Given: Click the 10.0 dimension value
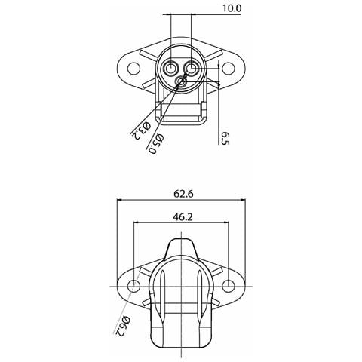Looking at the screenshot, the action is (232, 8).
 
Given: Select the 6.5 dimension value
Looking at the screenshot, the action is (225, 139).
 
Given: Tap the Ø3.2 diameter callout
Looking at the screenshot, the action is (141, 130).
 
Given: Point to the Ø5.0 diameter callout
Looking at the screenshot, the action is (156, 143).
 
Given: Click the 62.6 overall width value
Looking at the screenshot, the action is (183, 194).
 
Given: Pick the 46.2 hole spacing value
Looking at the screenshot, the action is (183, 216).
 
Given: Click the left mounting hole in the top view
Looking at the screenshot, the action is (133, 69).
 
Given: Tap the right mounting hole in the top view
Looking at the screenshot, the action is (228, 69).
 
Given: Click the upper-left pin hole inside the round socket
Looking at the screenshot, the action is (171, 68).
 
